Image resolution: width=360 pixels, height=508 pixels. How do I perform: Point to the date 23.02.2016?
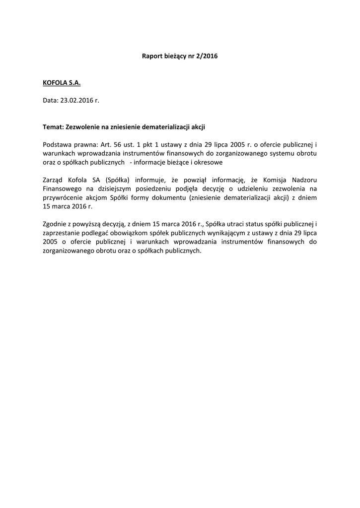[77, 100]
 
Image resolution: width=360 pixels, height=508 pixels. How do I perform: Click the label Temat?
[53, 127]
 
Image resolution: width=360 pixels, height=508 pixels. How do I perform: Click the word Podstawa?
[57, 144]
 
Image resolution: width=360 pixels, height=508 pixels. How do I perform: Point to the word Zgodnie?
[55, 225]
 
